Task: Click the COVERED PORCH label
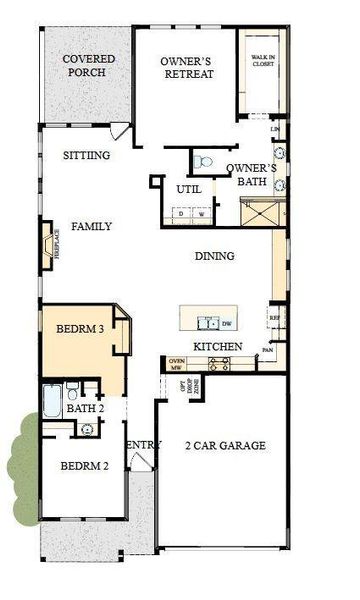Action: pyautogui.click(x=89, y=67)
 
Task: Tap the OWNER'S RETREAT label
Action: pyautogui.click(x=188, y=67)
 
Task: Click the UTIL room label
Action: pyautogui.click(x=189, y=189)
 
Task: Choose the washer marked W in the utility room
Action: pyautogui.click(x=201, y=213)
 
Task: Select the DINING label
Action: pyautogui.click(x=214, y=256)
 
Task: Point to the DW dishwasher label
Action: pyautogui.click(x=226, y=323)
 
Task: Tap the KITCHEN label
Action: pyautogui.click(x=218, y=346)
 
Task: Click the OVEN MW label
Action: pyautogui.click(x=177, y=364)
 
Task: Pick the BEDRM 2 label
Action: pyautogui.click(x=80, y=466)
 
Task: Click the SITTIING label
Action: pyautogui.click(x=85, y=155)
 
